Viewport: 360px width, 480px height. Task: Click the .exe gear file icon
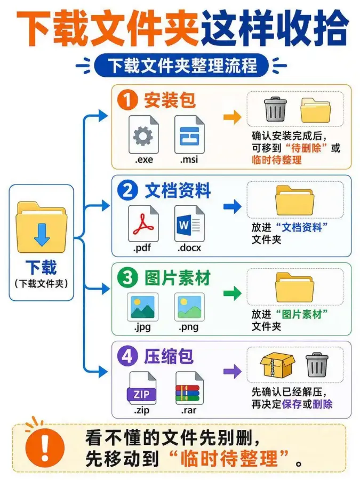143,134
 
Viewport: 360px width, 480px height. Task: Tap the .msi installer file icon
189,134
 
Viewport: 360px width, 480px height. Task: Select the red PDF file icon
143,223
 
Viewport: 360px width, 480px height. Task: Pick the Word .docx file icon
189,223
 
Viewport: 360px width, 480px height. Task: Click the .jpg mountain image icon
142,307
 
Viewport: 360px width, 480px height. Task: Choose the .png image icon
189,307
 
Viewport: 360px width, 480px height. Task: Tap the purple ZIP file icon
141,388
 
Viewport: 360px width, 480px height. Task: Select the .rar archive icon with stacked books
189,388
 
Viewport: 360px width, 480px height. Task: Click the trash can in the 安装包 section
276,109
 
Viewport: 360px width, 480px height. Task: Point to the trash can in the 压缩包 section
317,365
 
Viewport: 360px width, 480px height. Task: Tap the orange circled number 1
127,100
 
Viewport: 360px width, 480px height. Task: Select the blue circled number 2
127,190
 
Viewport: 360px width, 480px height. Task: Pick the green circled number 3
127,278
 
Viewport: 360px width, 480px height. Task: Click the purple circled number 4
127,356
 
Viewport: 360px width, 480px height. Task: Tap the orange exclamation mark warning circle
45,447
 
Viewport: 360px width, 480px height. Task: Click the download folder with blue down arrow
41,227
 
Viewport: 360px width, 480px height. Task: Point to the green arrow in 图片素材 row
233,293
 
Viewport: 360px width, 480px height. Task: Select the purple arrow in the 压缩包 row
233,371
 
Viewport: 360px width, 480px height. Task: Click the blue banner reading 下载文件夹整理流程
181,66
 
